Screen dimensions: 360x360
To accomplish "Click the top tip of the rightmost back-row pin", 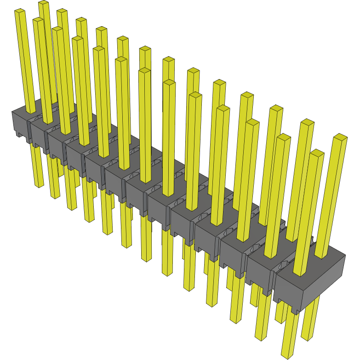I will click(340, 137).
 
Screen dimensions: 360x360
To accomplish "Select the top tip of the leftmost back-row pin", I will click(43, 3).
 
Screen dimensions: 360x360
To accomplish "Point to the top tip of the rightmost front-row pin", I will click(317, 152).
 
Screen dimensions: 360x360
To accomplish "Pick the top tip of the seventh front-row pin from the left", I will click(144, 71).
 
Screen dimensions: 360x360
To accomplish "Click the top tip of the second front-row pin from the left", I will click(39, 20).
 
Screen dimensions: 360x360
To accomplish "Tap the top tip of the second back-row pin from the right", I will click(307, 122).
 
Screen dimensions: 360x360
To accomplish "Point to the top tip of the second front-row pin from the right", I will click(284, 137).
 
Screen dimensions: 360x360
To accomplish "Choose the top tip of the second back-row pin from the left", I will click(62, 11).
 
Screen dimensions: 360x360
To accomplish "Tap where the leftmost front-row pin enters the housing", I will click(30, 111).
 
